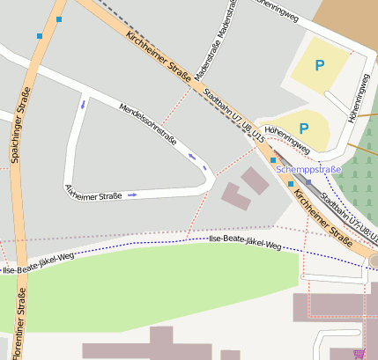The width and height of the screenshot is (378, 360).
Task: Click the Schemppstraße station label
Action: [x=308, y=168]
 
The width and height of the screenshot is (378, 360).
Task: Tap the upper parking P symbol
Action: [x=319, y=64]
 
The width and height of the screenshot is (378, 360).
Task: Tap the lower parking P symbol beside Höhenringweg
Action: [x=303, y=129]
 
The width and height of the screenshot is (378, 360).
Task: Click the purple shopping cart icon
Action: [x=359, y=354]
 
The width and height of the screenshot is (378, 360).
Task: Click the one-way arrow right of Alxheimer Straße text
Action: [x=132, y=195]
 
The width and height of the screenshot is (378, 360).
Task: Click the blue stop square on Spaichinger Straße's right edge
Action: [x=59, y=18]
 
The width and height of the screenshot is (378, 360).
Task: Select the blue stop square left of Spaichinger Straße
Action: [x=40, y=36]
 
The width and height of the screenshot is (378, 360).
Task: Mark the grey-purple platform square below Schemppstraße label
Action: [x=308, y=182]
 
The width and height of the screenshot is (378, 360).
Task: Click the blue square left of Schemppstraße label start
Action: [x=273, y=160]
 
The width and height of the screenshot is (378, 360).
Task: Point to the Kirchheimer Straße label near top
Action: [x=159, y=59]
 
